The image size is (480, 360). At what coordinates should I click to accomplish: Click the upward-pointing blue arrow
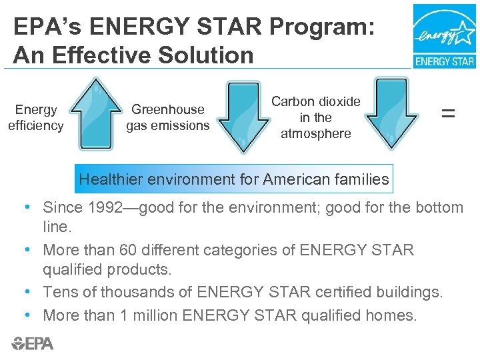(x=96, y=115)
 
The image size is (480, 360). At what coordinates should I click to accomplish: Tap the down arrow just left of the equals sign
(x=396, y=113)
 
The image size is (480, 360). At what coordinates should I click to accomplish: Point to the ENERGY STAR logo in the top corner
(x=444, y=36)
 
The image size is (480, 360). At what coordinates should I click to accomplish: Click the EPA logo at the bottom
(x=33, y=343)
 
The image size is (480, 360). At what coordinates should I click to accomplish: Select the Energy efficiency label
(x=36, y=117)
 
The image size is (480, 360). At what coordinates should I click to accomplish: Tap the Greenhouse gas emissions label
(x=168, y=117)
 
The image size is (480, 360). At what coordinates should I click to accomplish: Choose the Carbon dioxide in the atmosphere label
(x=316, y=117)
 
